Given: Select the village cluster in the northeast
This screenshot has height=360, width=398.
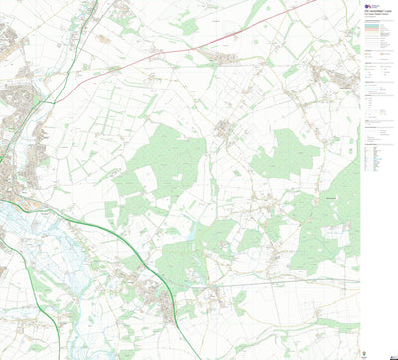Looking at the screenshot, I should coord(323,75).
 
